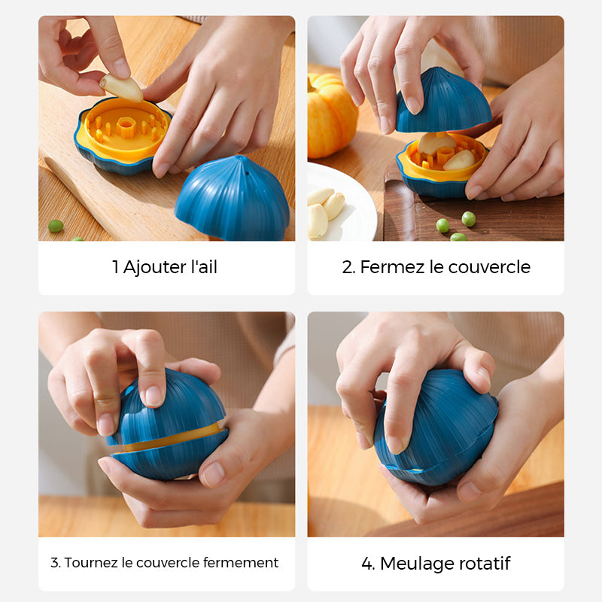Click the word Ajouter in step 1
(154, 267)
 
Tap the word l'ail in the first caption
(204, 266)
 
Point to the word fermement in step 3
(241, 562)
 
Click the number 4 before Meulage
(367, 564)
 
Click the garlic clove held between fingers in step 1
(121, 88)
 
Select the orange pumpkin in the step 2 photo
(331, 116)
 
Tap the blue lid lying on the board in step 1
(233, 198)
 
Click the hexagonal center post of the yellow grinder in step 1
(125, 127)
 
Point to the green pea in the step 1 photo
(56, 226)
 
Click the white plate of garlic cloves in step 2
(339, 202)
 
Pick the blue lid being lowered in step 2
(444, 102)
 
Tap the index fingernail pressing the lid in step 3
(154, 396)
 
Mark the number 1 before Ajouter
(115, 267)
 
